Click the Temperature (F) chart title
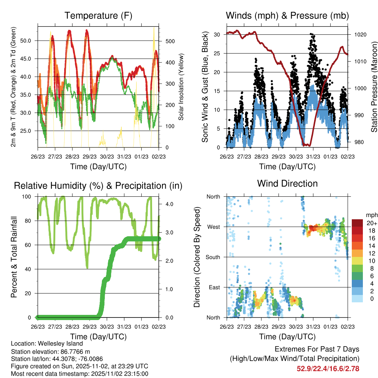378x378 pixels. click(x=98, y=16)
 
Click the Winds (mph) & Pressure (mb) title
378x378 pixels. click(x=287, y=16)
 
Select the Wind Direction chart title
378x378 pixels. click(x=287, y=183)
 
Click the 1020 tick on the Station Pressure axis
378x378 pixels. click(x=360, y=35)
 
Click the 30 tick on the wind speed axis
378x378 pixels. click(x=217, y=35)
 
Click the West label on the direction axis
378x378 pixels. click(x=213, y=227)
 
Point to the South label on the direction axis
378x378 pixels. click(x=212, y=257)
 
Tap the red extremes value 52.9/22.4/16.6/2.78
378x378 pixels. click(x=328, y=368)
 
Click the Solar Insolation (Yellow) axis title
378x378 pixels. click(x=181, y=87)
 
